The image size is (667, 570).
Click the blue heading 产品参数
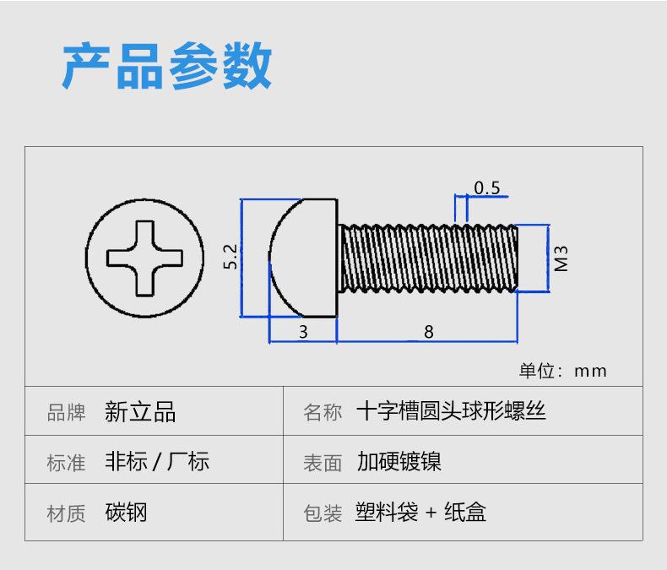coord(167,66)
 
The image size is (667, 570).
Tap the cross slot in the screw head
coord(144,258)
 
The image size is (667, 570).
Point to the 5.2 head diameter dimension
coord(230,257)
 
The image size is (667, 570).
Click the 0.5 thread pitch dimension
coord(486,187)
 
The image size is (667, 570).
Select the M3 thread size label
coord(561,258)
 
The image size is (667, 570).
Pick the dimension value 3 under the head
coord(303,332)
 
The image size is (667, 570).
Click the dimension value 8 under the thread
coord(429,332)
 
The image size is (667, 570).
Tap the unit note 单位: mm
coord(563,371)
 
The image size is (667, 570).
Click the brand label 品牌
coord(67,412)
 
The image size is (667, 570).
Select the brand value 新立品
coord(140,412)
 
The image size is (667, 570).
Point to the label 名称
coord(323,412)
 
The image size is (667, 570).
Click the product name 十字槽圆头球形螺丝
coord(451,411)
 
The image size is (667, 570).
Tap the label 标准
coord(67,463)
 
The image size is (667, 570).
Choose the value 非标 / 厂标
coord(157,461)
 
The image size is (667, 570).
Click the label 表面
coord(323,463)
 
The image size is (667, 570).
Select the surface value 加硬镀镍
coord(399,461)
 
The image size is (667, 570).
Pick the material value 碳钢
coord(126,512)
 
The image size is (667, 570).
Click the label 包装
coord(323,513)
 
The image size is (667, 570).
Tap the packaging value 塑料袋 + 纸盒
coord(420,512)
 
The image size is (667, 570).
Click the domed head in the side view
coord(303,258)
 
